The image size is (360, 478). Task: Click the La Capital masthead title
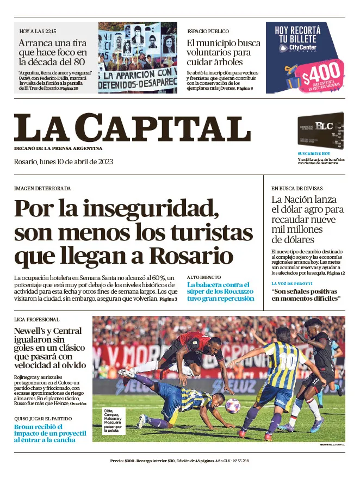point(132,128)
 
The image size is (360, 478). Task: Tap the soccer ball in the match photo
point(233,405)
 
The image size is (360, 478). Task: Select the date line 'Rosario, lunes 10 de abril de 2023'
point(63,162)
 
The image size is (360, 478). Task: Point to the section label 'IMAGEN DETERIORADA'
point(42,188)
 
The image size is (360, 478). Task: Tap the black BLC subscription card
point(320,132)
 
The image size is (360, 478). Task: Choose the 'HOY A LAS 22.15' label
point(38,32)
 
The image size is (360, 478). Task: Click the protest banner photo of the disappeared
point(138,58)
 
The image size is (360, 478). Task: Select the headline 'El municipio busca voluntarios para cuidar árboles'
point(224,52)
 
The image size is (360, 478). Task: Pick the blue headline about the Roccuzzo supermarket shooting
point(220,291)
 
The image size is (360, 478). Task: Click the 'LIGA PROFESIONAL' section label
point(37,320)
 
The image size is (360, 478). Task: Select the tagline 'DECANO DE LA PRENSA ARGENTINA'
point(58,148)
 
